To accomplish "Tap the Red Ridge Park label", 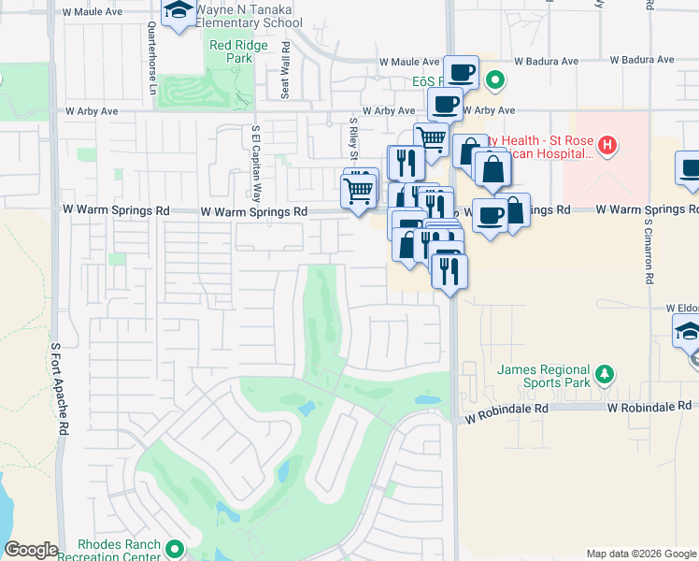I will point(231,51).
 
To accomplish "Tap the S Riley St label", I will point(354,138).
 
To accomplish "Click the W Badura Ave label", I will point(635,60).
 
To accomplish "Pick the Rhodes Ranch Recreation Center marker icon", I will point(175,549).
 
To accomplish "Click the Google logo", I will point(32,550).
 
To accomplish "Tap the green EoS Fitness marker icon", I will point(496,81).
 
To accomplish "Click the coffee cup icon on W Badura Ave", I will point(462,72).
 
